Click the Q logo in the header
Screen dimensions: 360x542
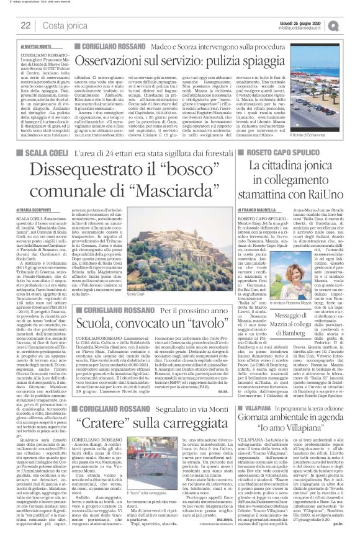[351, 25]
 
